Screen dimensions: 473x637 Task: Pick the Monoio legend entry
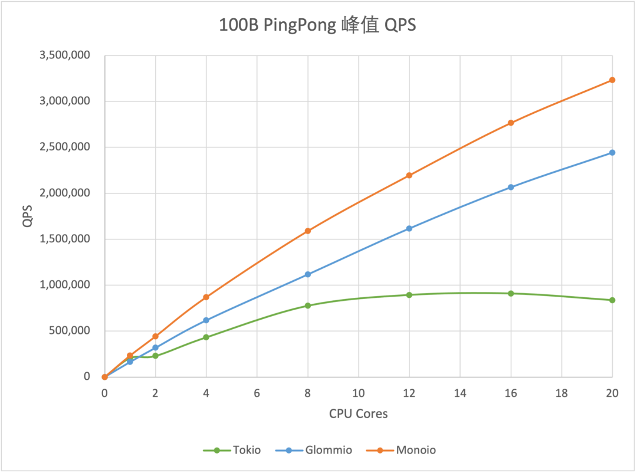point(406,450)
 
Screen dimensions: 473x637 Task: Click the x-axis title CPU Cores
point(359,413)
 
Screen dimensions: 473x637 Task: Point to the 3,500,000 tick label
point(64,55)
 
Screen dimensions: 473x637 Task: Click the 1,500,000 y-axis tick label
point(64,239)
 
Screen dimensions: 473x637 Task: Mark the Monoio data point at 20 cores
point(612,80)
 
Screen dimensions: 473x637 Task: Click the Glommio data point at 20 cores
point(612,152)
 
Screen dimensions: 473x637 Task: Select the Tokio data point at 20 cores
point(612,300)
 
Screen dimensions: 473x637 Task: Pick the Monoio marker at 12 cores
point(409,175)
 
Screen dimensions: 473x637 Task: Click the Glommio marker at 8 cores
point(308,274)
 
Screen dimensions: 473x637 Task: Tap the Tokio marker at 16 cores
point(511,293)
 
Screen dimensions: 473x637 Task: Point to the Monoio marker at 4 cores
point(206,297)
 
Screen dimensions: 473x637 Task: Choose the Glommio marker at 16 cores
point(511,187)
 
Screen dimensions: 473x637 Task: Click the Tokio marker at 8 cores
point(308,306)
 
